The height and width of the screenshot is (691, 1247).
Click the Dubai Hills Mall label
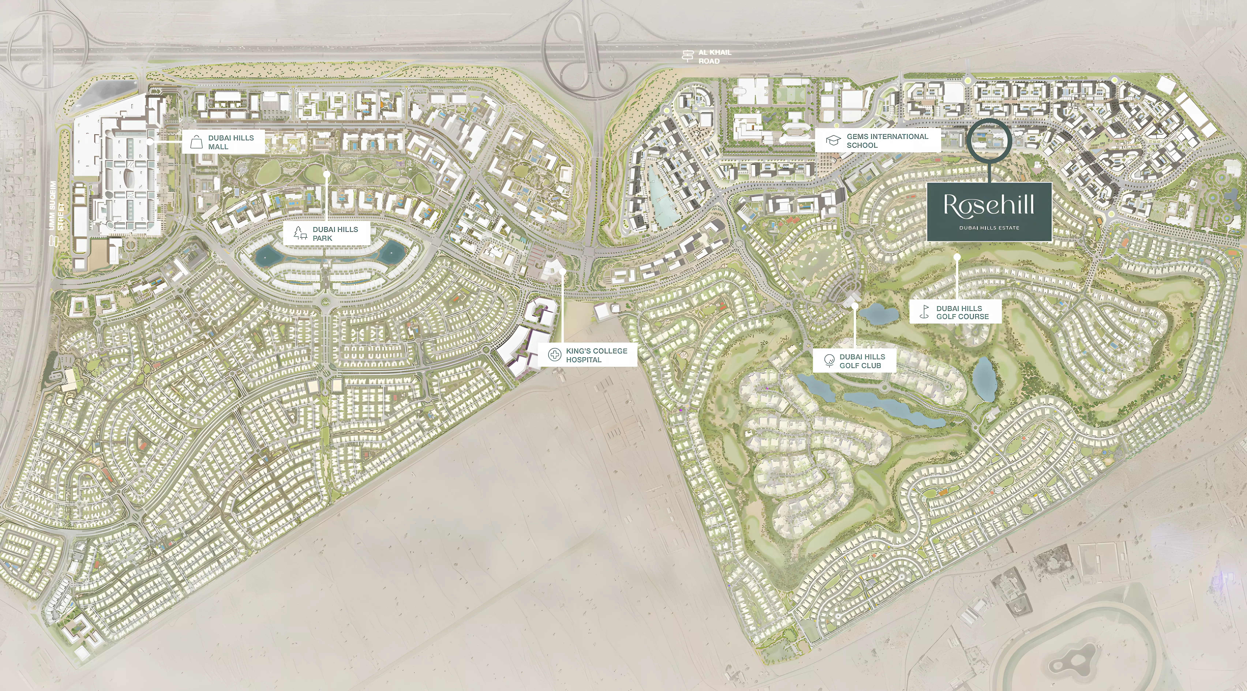(231, 142)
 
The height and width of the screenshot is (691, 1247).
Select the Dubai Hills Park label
(335, 233)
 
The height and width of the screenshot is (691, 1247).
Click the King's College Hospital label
(596, 355)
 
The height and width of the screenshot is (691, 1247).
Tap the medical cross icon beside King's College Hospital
(554, 355)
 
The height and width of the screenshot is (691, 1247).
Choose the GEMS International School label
(887, 140)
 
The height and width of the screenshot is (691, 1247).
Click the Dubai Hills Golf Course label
(962, 312)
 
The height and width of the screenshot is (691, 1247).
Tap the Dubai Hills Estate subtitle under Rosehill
(989, 228)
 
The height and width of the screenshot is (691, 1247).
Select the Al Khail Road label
(714, 57)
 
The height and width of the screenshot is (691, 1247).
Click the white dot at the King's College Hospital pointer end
(563, 272)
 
